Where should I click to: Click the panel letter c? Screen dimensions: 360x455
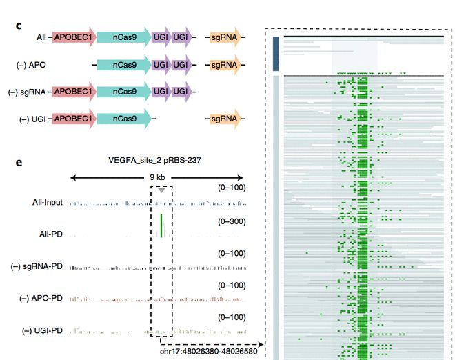(x=19, y=26)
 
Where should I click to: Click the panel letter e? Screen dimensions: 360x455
(x=19, y=163)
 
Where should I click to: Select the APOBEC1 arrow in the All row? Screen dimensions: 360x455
(x=72, y=37)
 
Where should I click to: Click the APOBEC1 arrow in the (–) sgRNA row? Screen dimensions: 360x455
(x=72, y=92)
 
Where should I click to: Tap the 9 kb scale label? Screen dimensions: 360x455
(x=157, y=177)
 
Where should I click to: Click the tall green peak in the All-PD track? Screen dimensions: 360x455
(x=161, y=226)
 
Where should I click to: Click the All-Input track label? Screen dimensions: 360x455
(x=43, y=203)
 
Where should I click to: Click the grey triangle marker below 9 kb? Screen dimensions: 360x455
(x=161, y=190)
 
